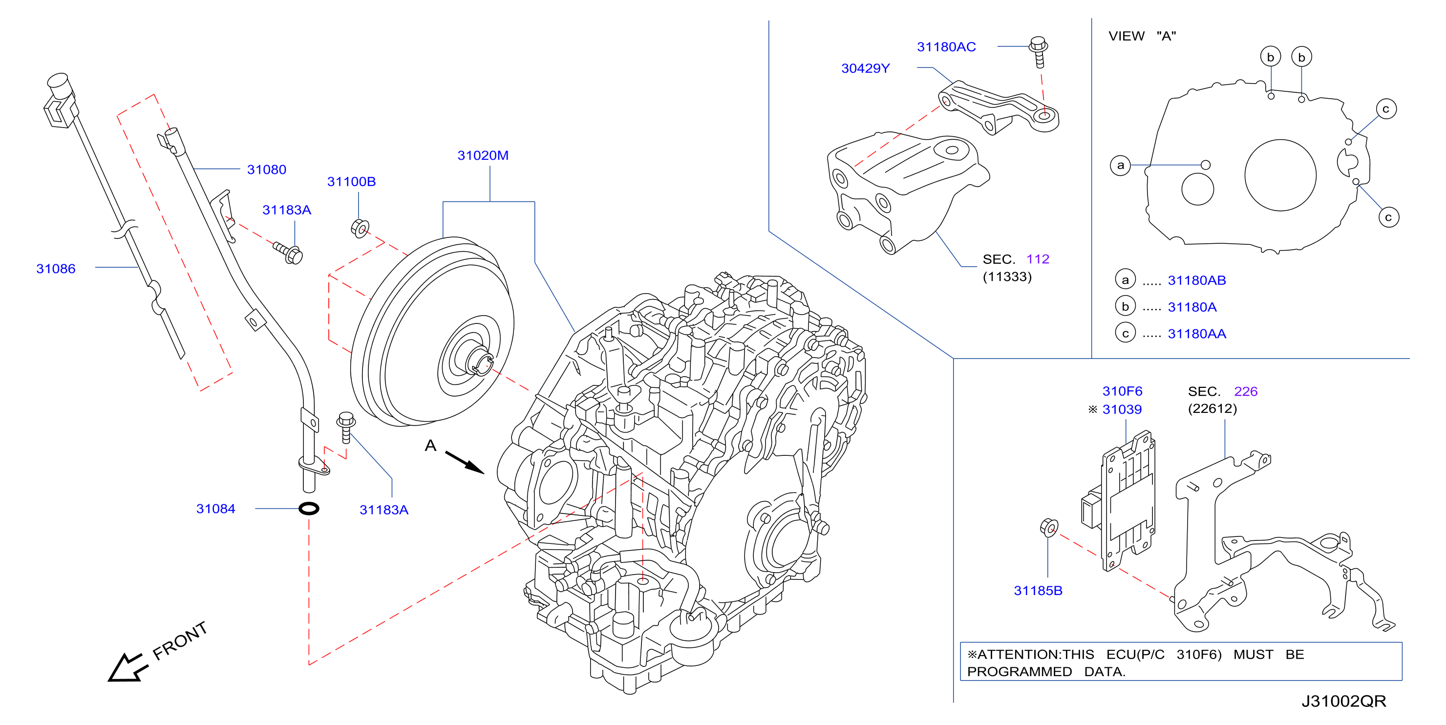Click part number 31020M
(483, 155)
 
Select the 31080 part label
(267, 170)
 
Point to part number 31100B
(351, 181)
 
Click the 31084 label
(215, 509)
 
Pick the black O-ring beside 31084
(309, 509)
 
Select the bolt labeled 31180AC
(1039, 52)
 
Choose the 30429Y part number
(865, 68)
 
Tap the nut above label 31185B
(1048, 527)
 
